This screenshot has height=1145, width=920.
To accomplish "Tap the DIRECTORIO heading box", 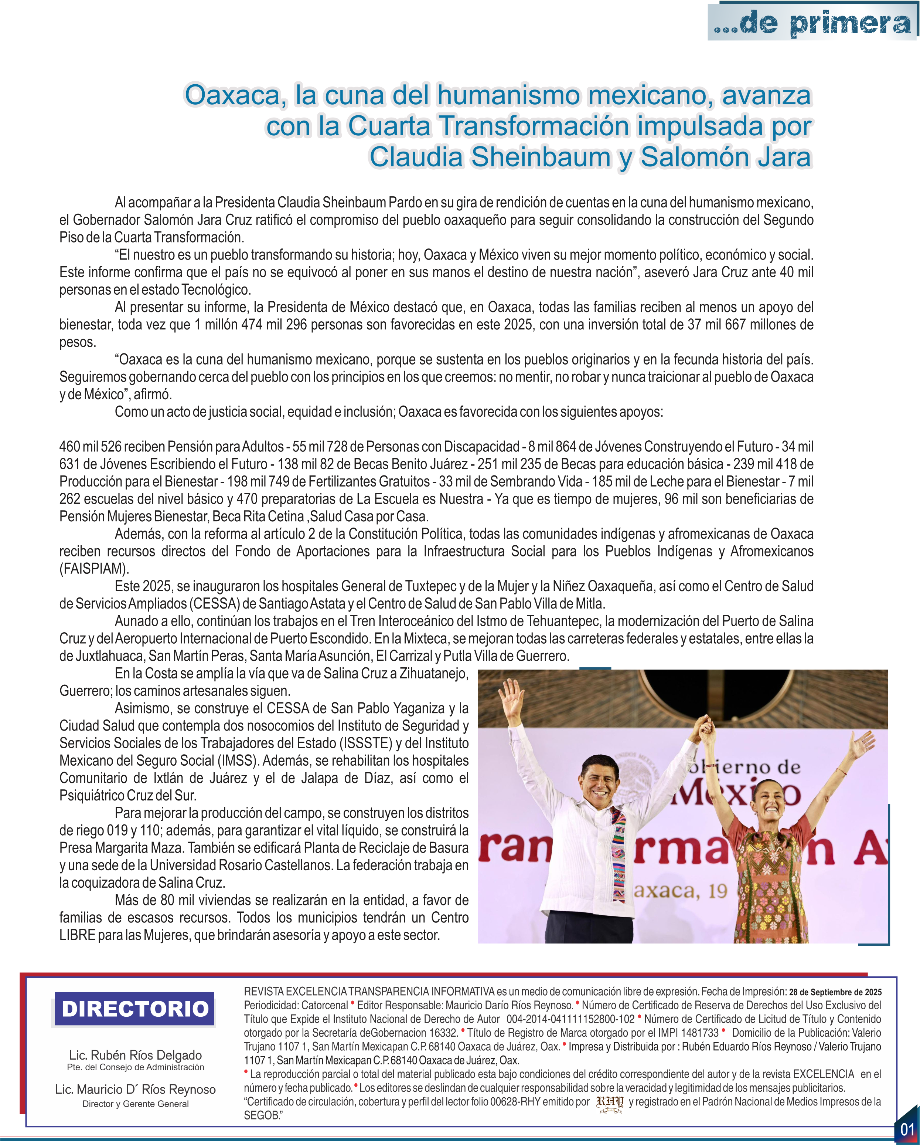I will click(135, 1009).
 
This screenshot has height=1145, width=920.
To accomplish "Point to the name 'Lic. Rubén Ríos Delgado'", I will click(135, 1055).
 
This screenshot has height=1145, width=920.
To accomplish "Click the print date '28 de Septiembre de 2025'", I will click(835, 992).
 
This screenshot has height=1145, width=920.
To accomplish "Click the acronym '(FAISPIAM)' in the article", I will click(94, 569).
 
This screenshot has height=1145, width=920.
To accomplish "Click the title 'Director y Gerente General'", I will click(135, 1104).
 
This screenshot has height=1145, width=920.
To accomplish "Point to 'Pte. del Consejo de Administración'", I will click(135, 1067).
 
